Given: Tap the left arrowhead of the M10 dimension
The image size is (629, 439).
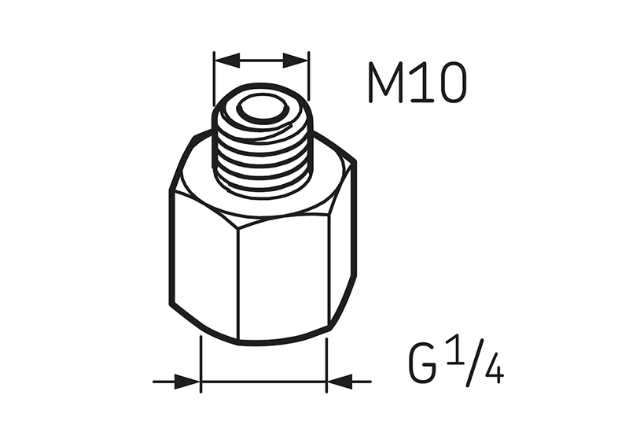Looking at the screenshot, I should pos(224,60).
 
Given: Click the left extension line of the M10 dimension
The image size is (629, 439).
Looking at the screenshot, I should pos(214,79).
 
